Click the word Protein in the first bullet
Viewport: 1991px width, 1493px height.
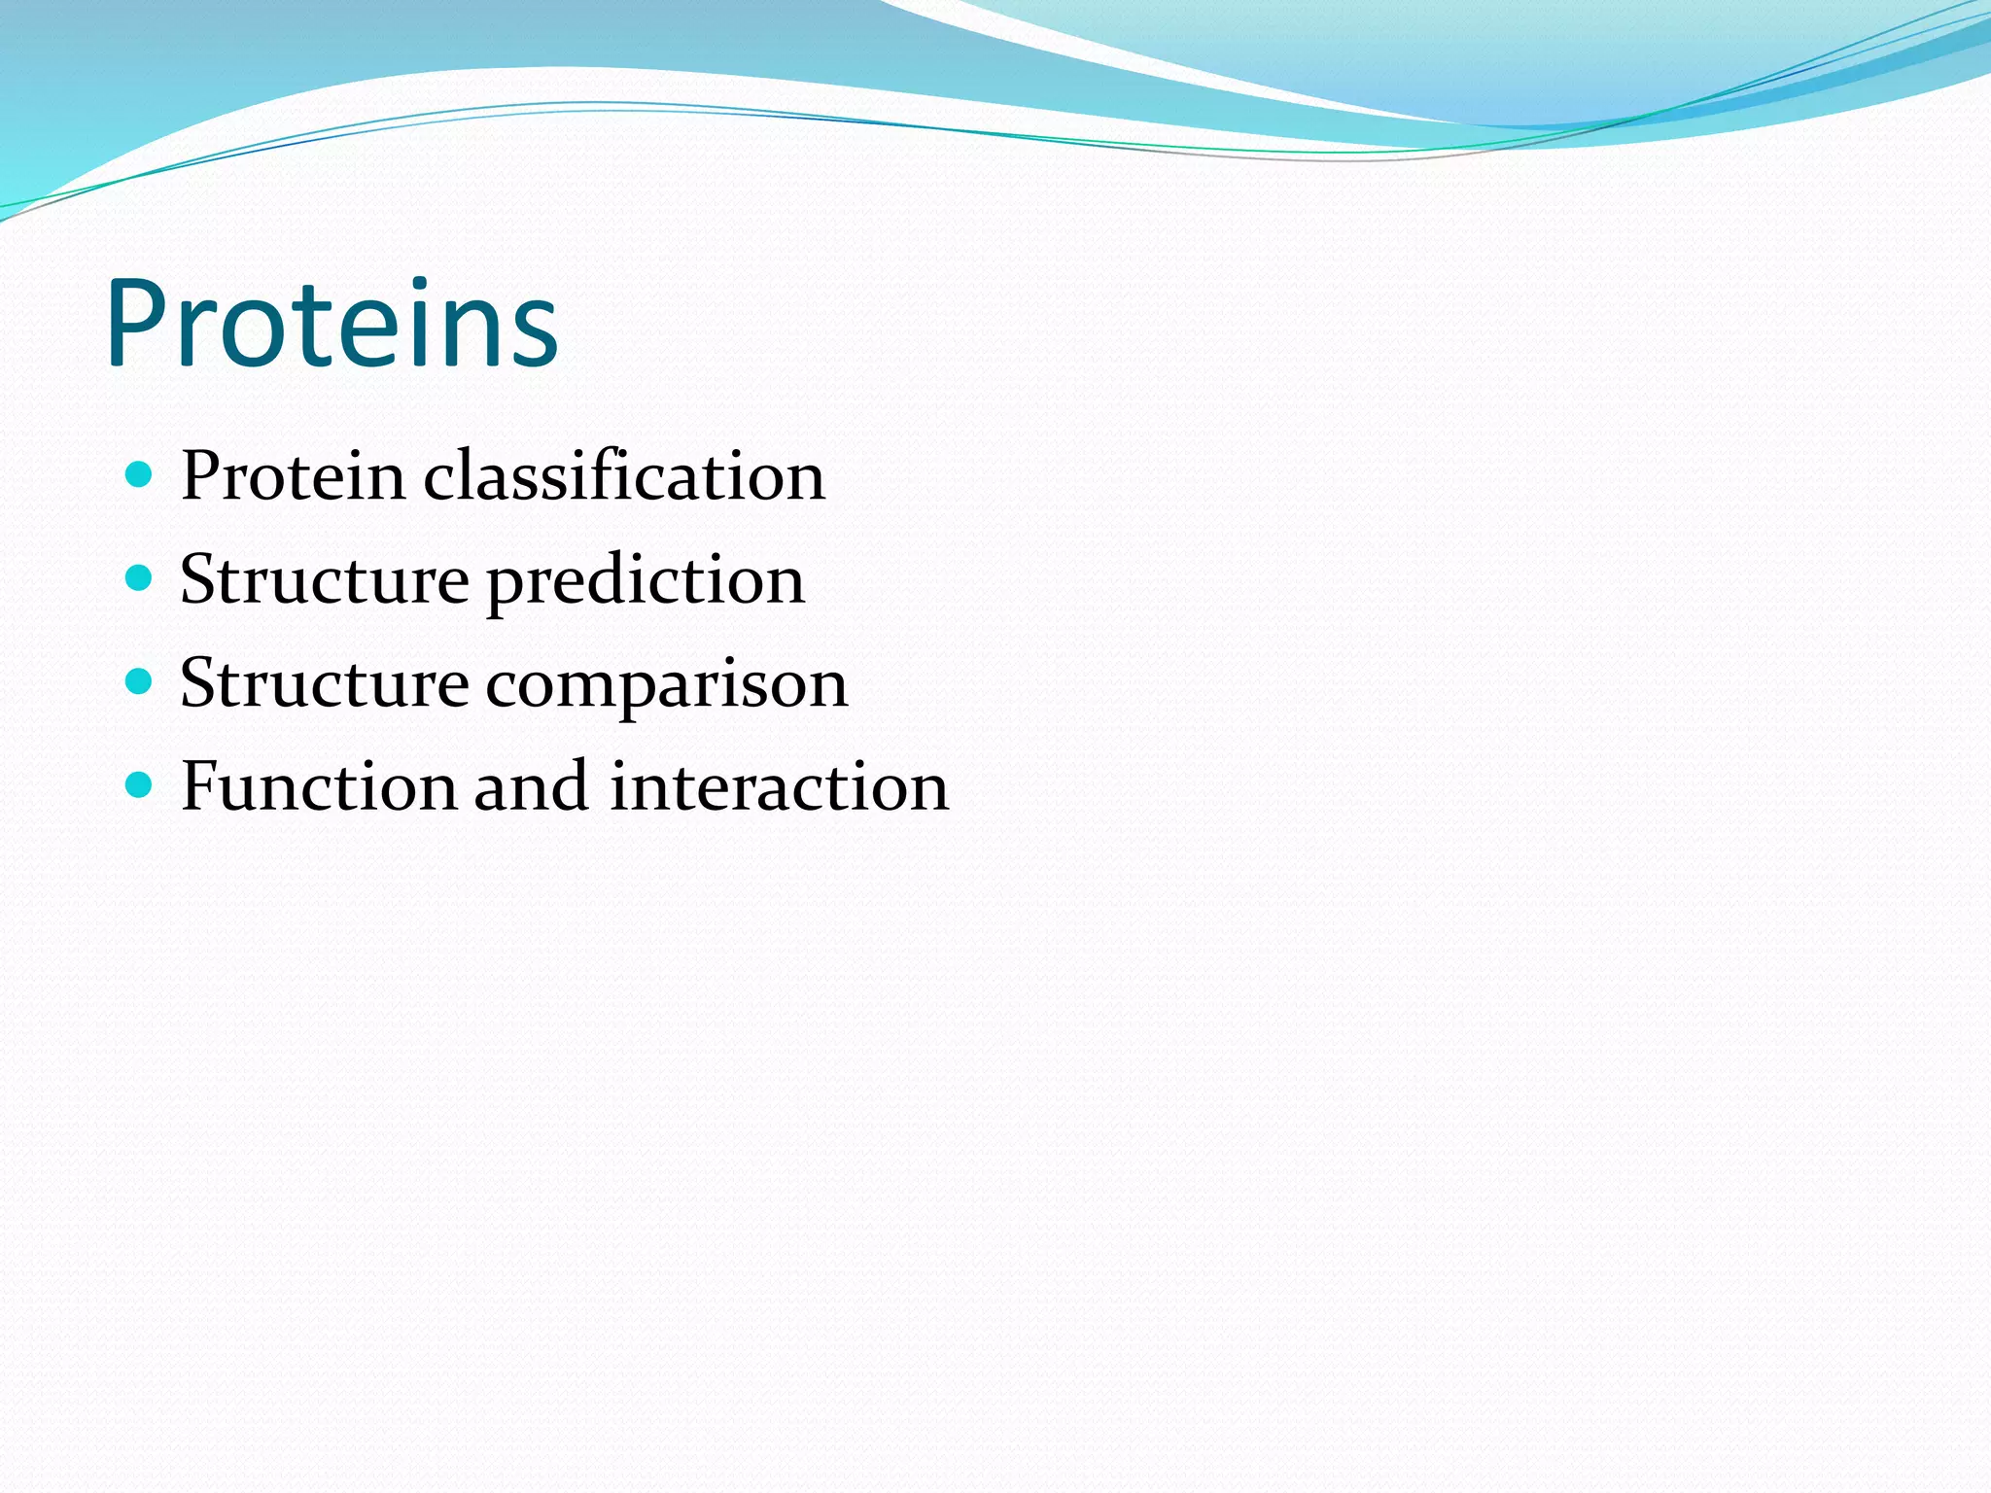pos(293,476)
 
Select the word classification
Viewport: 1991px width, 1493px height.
pos(623,476)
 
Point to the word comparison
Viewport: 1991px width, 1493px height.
pos(666,684)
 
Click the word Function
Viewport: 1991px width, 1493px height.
pos(318,786)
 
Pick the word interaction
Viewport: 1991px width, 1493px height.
pos(779,786)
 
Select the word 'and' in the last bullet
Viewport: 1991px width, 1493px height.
pos(531,786)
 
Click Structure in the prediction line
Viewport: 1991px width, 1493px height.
pos(325,580)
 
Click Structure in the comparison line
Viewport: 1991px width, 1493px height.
pos(325,684)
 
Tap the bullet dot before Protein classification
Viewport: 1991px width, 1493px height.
pos(140,475)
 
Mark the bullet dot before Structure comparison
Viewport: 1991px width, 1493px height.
pos(140,682)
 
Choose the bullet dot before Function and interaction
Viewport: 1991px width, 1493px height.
pos(140,784)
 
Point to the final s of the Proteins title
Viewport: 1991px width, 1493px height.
pos(534,335)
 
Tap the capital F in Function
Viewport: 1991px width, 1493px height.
pos(198,786)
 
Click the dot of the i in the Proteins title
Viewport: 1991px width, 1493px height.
pos(418,284)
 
